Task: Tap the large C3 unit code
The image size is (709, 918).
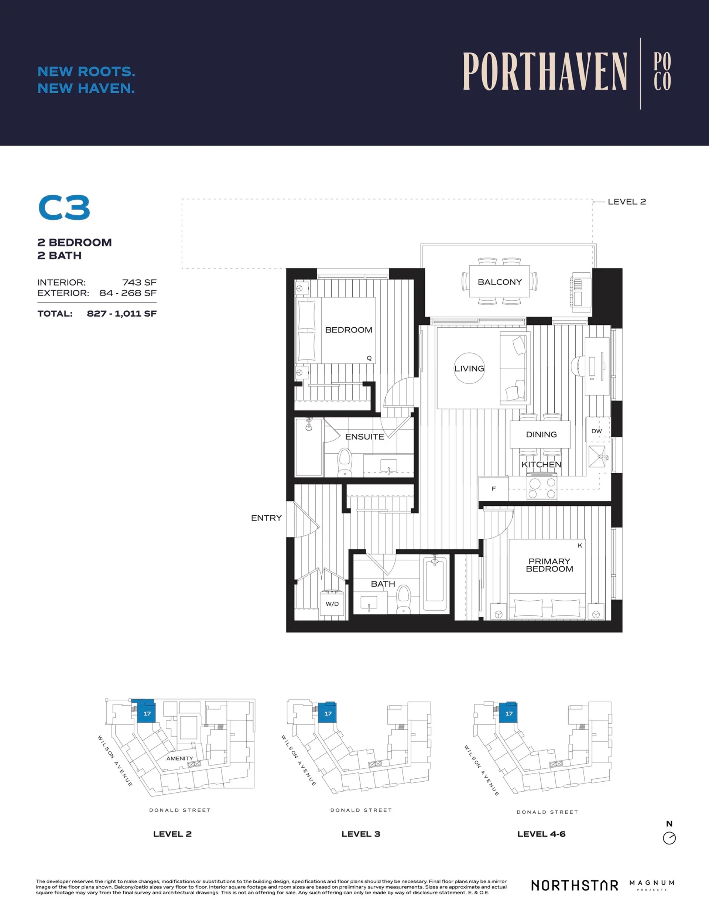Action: click(x=64, y=208)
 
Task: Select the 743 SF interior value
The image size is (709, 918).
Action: click(x=139, y=283)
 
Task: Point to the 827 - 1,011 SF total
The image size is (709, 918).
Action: click(x=121, y=314)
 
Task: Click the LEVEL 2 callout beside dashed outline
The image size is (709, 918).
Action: click(x=626, y=202)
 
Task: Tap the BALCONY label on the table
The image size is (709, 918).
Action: click(x=499, y=282)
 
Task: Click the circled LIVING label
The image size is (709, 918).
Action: click(x=469, y=369)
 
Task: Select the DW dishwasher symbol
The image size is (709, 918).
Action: click(x=597, y=431)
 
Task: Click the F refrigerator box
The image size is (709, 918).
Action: click(x=493, y=489)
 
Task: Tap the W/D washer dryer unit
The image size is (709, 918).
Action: click(x=332, y=604)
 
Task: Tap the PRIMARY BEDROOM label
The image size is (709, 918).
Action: click(x=549, y=565)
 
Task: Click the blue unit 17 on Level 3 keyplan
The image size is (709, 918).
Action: click(x=328, y=713)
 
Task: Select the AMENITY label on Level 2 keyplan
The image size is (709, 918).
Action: click(x=179, y=758)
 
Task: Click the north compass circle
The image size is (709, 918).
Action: click(x=669, y=838)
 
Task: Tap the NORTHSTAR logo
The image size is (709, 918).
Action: click(x=575, y=885)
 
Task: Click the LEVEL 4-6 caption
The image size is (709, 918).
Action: click(x=541, y=834)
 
